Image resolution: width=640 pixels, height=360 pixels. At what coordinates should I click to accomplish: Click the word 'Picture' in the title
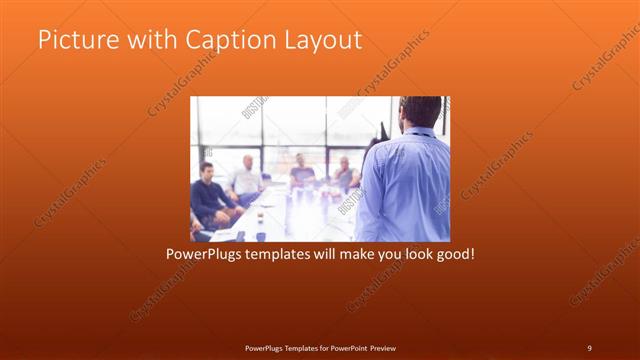point(72,41)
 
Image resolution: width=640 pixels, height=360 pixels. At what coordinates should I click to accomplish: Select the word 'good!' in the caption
point(454,254)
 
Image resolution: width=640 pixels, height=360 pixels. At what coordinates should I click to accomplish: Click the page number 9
point(589,347)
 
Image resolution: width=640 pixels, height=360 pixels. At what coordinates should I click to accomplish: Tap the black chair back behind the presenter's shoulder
point(381,131)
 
